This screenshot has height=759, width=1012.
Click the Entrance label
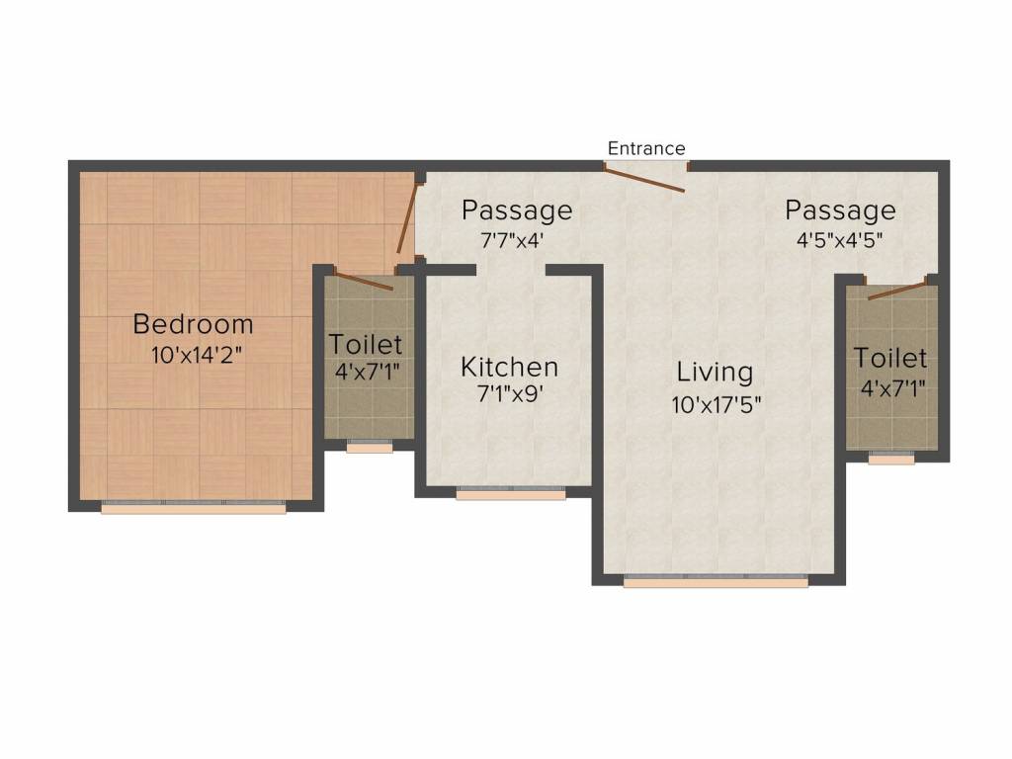[646, 148]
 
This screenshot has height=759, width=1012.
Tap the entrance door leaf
[644, 179]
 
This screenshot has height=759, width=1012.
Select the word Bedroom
[193, 324]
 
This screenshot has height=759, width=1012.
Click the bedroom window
[194, 507]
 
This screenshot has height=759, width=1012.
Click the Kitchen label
[509, 367]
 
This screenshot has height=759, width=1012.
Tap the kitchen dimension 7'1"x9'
[510, 393]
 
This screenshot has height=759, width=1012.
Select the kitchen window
[511, 493]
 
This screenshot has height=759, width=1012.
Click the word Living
[715, 373]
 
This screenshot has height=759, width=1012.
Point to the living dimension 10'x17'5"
[716, 405]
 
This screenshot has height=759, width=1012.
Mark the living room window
[716, 580]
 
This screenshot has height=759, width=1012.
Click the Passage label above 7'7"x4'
[517, 211]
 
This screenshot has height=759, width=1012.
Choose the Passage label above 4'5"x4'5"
[840, 211]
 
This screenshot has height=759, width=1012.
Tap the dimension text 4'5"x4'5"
[840, 240]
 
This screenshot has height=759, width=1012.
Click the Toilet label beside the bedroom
[366, 344]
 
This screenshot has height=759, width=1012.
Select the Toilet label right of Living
[890, 358]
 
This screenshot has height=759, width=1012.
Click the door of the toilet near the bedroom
[363, 280]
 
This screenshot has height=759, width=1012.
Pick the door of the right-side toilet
[897, 290]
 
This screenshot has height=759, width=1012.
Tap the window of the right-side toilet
[891, 459]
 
